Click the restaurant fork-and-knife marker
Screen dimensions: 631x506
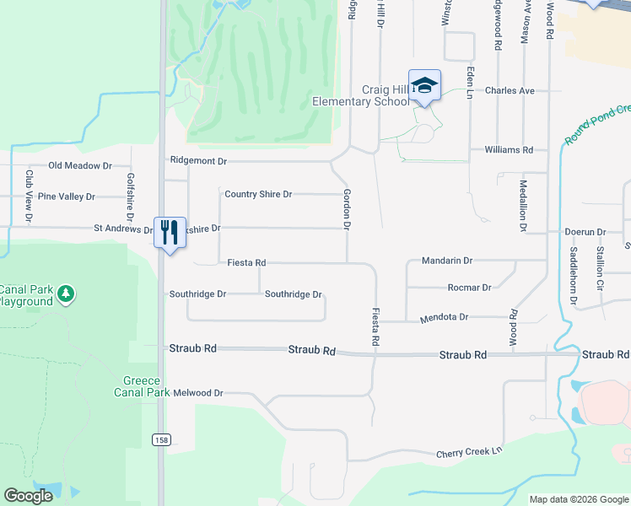[170, 232]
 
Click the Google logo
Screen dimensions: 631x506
[29, 496]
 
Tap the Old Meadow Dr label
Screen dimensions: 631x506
[80, 166]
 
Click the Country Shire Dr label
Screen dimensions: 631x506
[258, 194]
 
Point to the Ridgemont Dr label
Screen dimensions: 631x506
[198, 160]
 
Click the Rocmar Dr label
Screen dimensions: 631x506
[469, 288]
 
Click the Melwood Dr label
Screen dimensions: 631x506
[197, 393]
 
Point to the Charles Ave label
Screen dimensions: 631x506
[510, 90]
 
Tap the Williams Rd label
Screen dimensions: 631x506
[509, 150]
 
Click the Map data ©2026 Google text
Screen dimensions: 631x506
[578, 499]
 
